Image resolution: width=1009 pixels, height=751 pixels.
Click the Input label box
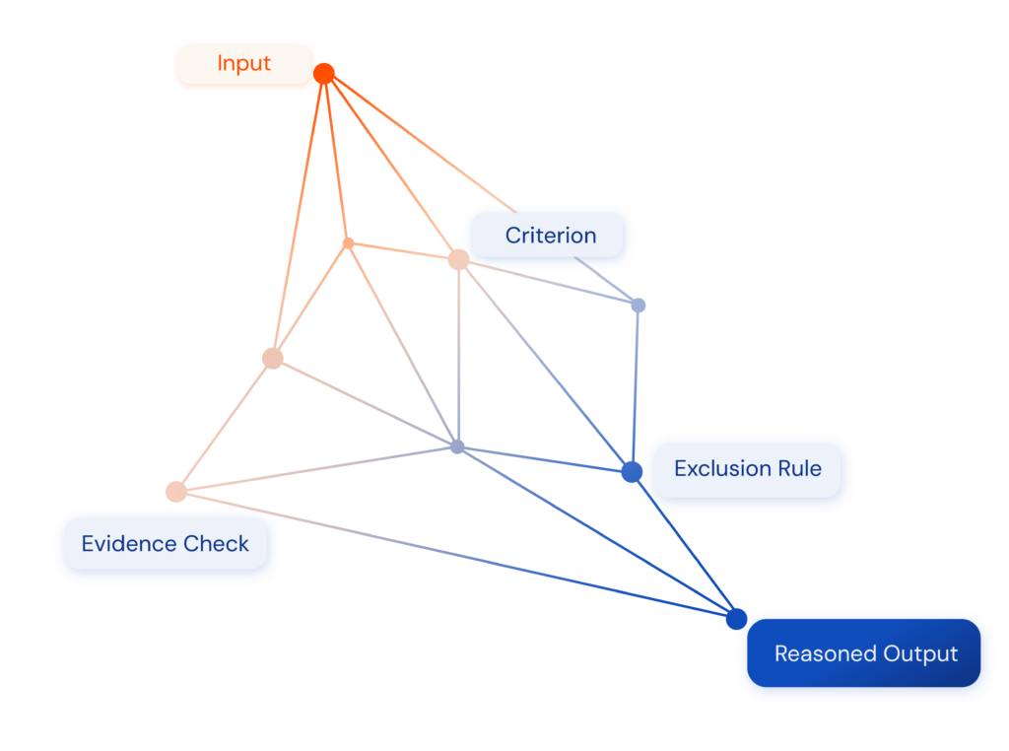[243, 65]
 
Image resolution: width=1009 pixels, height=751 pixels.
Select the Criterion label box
[549, 236]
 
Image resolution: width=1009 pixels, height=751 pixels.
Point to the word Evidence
[121, 544]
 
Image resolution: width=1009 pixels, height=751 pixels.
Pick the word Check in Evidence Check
[218, 544]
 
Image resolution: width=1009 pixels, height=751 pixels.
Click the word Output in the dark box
[920, 653]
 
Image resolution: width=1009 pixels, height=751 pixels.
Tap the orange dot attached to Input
[325, 73]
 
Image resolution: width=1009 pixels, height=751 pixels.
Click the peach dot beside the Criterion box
[458, 259]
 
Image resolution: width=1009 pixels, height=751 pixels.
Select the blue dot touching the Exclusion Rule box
[632, 472]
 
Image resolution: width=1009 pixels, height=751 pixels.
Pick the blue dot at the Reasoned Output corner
[735, 619]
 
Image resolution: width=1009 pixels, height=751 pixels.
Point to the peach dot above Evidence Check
[176, 491]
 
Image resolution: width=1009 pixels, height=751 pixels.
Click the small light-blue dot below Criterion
[639, 306]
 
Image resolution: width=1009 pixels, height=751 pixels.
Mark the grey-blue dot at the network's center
[457, 446]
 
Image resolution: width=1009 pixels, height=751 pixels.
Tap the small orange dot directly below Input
[348, 242]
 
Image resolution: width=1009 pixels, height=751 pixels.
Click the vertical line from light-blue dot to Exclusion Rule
[636, 384]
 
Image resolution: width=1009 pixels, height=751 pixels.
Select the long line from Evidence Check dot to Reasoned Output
[453, 554]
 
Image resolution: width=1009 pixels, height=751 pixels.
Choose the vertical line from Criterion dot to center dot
[458, 355]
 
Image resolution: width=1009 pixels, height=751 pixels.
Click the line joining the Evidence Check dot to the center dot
[315, 469]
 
